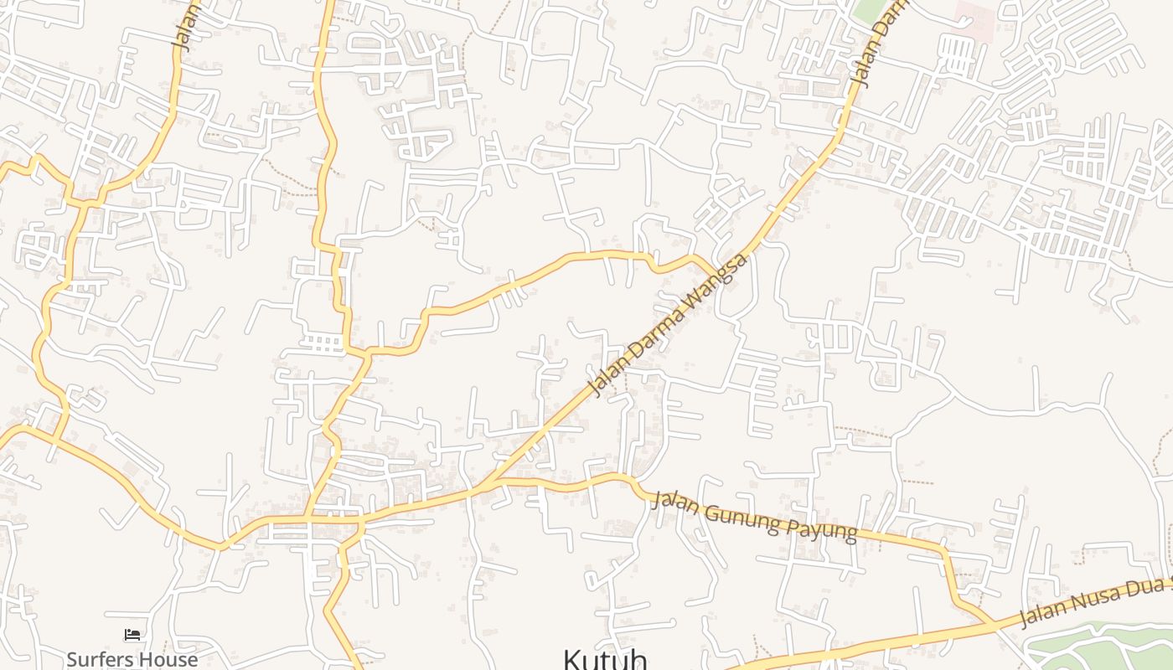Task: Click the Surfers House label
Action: coord(132,659)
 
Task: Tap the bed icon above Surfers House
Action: coord(132,636)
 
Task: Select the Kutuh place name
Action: coord(605,660)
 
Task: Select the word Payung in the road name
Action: coord(820,528)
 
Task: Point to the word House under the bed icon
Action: coord(168,659)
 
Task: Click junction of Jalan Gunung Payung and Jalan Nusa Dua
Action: coord(993,624)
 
